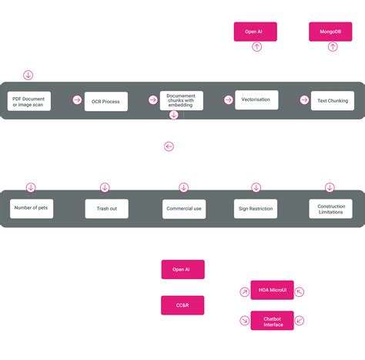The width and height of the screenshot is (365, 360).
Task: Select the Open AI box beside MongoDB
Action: click(255, 32)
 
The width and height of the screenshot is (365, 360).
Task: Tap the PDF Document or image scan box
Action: click(30, 101)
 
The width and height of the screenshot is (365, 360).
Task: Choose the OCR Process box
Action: click(105, 101)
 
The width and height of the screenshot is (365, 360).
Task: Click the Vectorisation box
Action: click(256, 100)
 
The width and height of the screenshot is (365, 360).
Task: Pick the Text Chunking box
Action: click(332, 101)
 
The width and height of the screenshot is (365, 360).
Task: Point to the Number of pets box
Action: click(32, 208)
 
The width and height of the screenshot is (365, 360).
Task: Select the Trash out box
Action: click(106, 208)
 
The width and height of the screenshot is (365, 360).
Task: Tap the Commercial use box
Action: click(184, 209)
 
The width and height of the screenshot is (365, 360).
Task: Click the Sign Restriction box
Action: click(255, 208)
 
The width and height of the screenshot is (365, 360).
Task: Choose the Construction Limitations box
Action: click(331, 208)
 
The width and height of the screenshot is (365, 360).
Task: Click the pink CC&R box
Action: click(182, 305)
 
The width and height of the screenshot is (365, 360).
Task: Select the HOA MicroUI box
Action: click(272, 290)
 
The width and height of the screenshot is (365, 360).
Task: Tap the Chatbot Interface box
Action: click(272, 321)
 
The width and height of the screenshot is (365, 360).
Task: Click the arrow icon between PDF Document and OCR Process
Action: click(77, 100)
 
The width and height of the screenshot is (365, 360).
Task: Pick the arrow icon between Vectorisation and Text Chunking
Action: click(303, 100)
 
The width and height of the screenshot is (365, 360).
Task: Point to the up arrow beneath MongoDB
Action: click(333, 47)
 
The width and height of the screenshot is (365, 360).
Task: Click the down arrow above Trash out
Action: click(105, 187)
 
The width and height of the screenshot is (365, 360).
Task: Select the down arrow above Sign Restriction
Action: click(256, 187)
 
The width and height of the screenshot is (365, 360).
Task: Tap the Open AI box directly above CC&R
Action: click(182, 269)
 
